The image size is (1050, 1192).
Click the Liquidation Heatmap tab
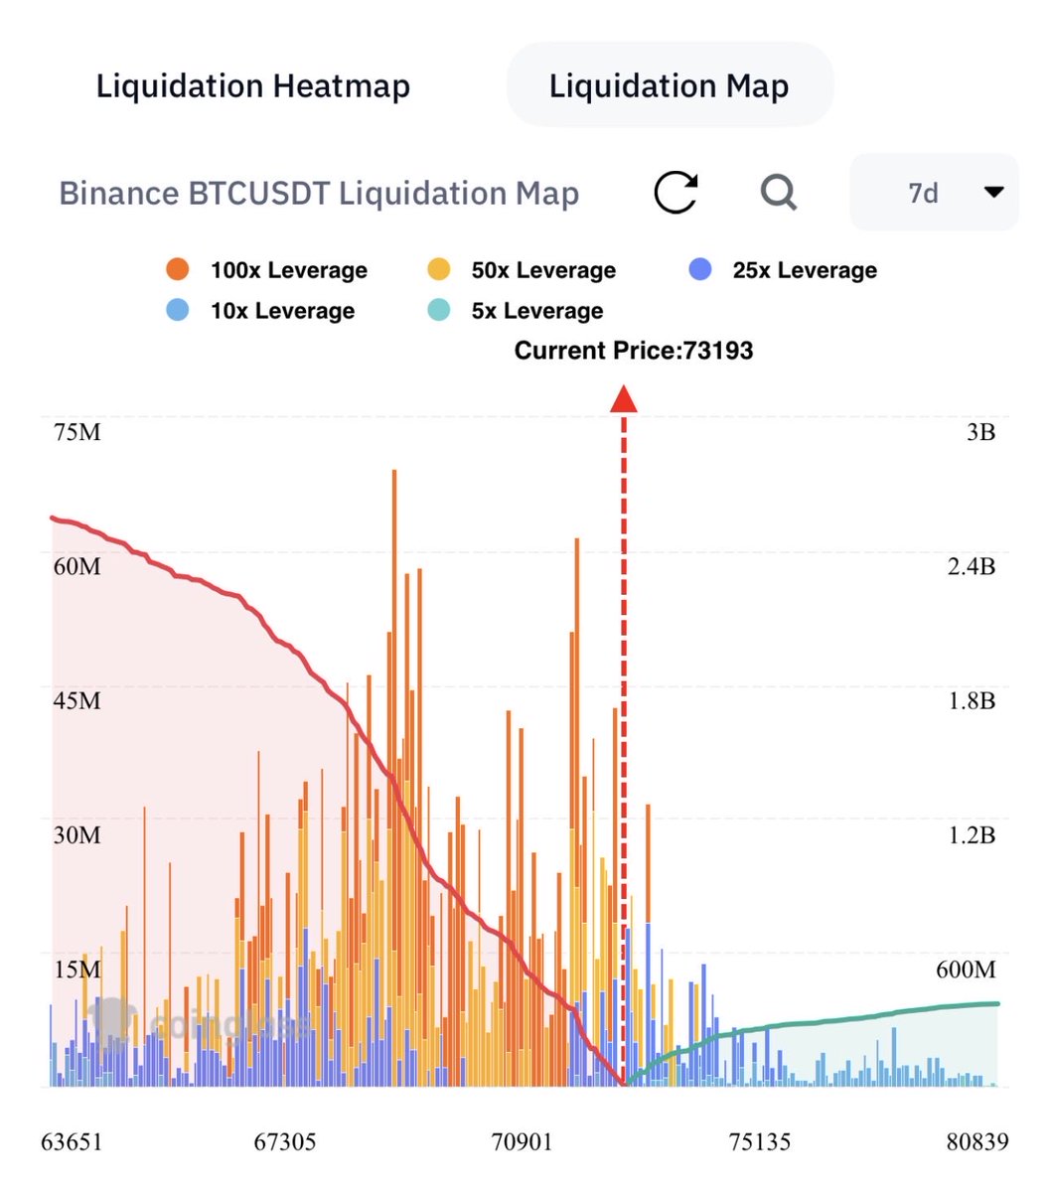tap(252, 86)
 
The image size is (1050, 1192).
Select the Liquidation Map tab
tap(669, 86)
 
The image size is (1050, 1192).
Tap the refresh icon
tap(675, 192)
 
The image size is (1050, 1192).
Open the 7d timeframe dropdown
tap(934, 192)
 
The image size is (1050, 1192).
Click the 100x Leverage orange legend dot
tap(178, 269)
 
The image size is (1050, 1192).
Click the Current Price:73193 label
tap(633, 351)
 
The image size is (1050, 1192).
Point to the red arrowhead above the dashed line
tap(623, 399)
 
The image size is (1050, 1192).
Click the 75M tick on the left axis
tap(76, 433)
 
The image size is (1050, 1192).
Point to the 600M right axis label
tap(965, 969)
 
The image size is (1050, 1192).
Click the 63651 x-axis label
tap(71, 1142)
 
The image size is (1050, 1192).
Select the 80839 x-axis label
tap(976, 1142)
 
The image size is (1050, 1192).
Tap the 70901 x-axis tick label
tap(523, 1142)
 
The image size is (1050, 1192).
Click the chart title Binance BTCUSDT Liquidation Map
tap(319, 193)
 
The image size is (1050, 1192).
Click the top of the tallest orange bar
tap(394, 472)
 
